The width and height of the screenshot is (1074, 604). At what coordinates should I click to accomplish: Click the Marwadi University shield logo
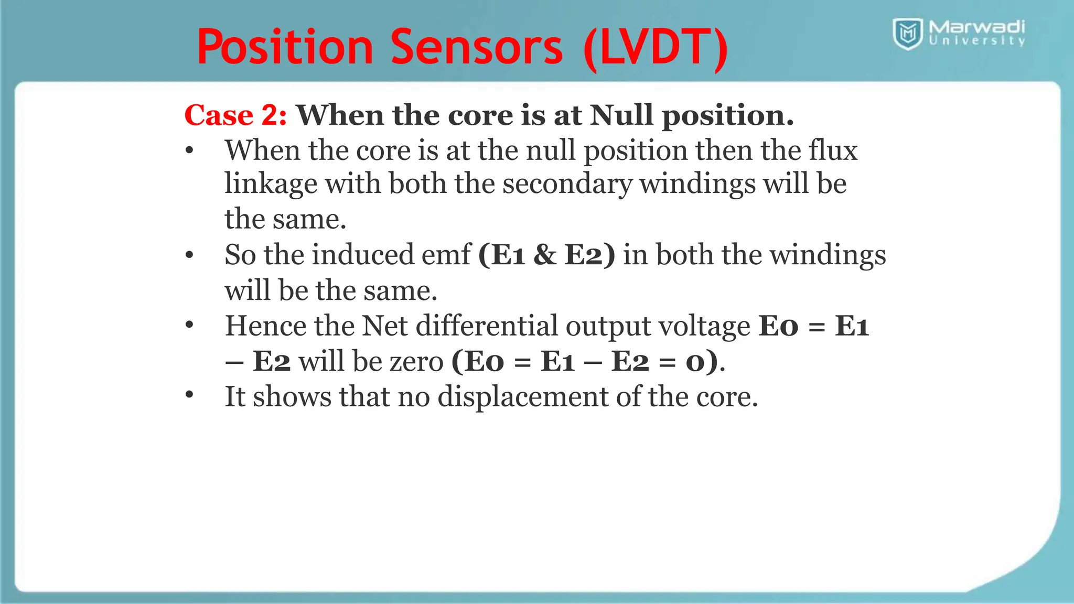(x=908, y=34)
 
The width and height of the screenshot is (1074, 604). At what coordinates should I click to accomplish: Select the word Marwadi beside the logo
(x=976, y=26)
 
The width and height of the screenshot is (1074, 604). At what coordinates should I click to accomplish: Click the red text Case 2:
(x=235, y=115)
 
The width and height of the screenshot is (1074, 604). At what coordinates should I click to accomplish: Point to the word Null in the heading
(x=621, y=115)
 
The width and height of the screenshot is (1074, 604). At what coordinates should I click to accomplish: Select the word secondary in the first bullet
(x=567, y=184)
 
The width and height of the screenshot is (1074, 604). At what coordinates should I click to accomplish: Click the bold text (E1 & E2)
(x=546, y=255)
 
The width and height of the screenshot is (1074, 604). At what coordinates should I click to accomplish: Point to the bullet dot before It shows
(x=189, y=395)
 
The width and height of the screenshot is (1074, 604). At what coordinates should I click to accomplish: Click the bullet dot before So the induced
(x=189, y=255)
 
